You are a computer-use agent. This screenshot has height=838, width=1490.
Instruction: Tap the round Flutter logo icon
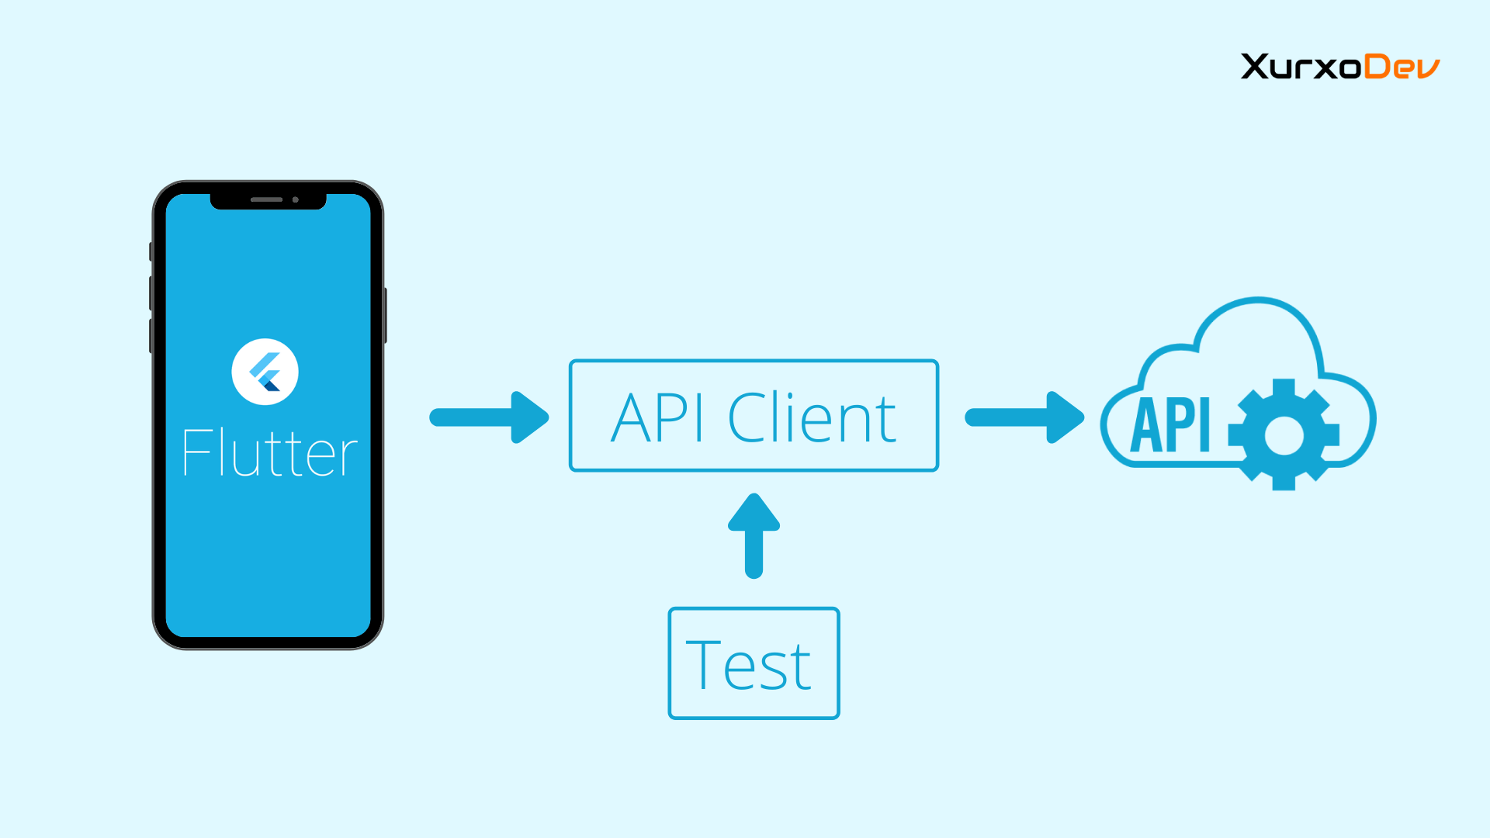(x=265, y=372)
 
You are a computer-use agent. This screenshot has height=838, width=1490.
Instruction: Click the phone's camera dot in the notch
(x=296, y=199)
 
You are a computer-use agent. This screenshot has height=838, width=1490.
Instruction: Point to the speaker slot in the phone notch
(x=266, y=199)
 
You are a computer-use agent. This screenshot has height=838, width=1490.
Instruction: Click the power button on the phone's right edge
(x=385, y=315)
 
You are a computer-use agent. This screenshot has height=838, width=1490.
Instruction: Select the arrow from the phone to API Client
(x=489, y=417)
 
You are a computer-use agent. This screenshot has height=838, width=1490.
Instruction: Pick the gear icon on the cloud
(x=1284, y=435)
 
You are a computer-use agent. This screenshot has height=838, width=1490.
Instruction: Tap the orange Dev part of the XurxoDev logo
(x=1402, y=67)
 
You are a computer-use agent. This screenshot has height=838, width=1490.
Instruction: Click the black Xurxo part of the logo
(x=1301, y=67)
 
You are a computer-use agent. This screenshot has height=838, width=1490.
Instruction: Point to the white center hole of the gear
(x=1284, y=435)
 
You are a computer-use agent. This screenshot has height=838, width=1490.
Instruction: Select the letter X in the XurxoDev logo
(x=1256, y=67)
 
